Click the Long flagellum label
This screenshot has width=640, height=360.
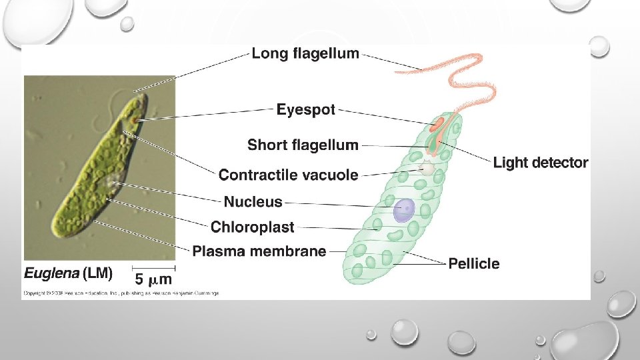click(305, 53)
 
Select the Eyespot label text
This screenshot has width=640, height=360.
click(306, 110)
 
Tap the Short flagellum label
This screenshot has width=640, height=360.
click(303, 145)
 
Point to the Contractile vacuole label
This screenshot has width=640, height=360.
click(288, 175)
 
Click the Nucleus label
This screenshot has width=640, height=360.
click(253, 201)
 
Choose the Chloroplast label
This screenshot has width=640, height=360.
click(252, 227)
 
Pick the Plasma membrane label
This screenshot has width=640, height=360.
click(259, 251)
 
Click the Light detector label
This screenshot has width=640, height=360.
click(541, 163)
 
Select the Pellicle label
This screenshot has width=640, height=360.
click(473, 263)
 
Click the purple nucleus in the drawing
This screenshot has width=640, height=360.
click(403, 209)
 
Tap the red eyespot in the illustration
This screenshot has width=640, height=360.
click(437, 124)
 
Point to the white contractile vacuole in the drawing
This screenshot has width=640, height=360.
click(425, 169)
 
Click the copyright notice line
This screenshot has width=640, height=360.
click(121, 293)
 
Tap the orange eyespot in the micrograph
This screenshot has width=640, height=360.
click(134, 120)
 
